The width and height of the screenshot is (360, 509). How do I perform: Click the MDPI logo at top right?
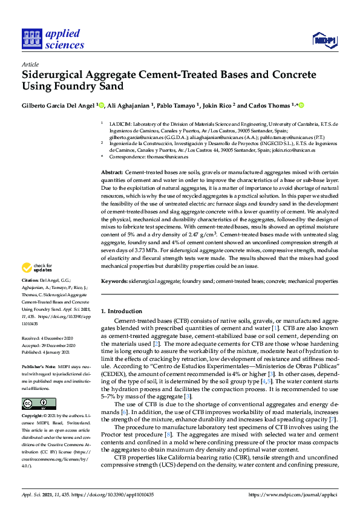tap(324, 40)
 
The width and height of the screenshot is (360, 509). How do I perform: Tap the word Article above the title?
tap(30, 64)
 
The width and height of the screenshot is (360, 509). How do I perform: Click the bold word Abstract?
tap(113, 173)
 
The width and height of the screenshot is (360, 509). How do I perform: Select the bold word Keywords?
tap(114, 282)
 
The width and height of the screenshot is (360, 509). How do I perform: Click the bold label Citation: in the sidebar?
tap(31, 280)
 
